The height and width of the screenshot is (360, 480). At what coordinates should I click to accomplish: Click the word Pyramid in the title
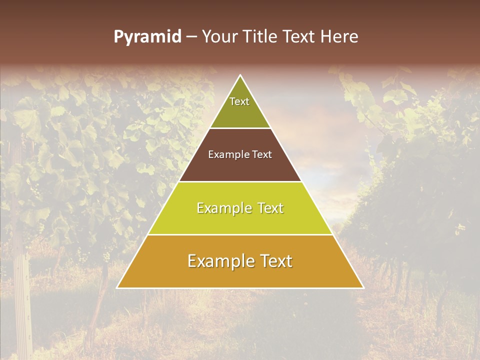[147, 37]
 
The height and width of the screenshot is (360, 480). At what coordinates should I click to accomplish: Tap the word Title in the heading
[263, 37]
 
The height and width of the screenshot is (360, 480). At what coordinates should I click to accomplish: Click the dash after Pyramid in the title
[191, 37]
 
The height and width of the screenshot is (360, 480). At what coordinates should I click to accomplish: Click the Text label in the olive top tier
[239, 101]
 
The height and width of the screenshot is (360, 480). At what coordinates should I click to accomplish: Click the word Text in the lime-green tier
[270, 208]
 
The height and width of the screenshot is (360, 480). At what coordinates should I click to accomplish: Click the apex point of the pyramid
[240, 75]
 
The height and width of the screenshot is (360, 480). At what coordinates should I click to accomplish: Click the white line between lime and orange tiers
[240, 234]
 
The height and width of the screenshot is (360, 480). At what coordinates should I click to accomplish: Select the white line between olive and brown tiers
[240, 128]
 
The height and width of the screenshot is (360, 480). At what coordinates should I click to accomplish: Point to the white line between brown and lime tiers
[240, 181]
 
